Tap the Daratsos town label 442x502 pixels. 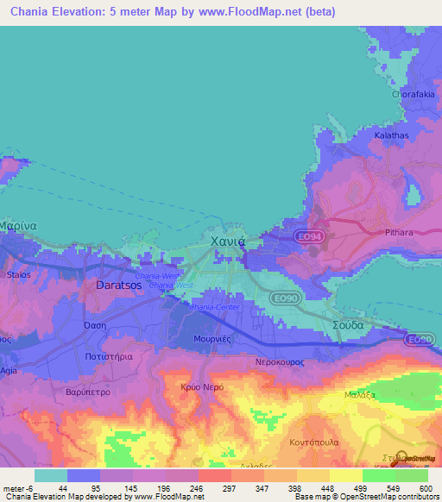click(118, 283)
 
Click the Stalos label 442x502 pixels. click(18, 274)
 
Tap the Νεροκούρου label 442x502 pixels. click(281, 362)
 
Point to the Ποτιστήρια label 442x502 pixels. click(109, 355)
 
